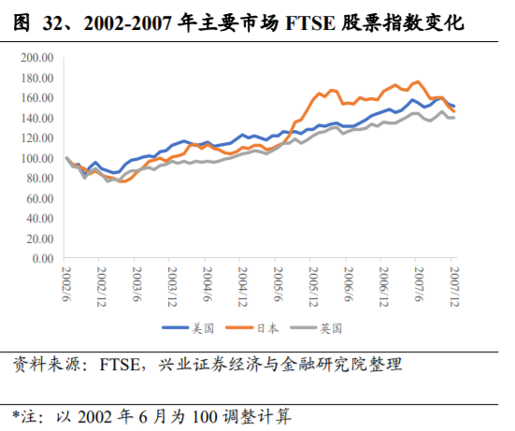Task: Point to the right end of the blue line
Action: click(454, 106)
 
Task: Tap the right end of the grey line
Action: click(454, 118)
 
